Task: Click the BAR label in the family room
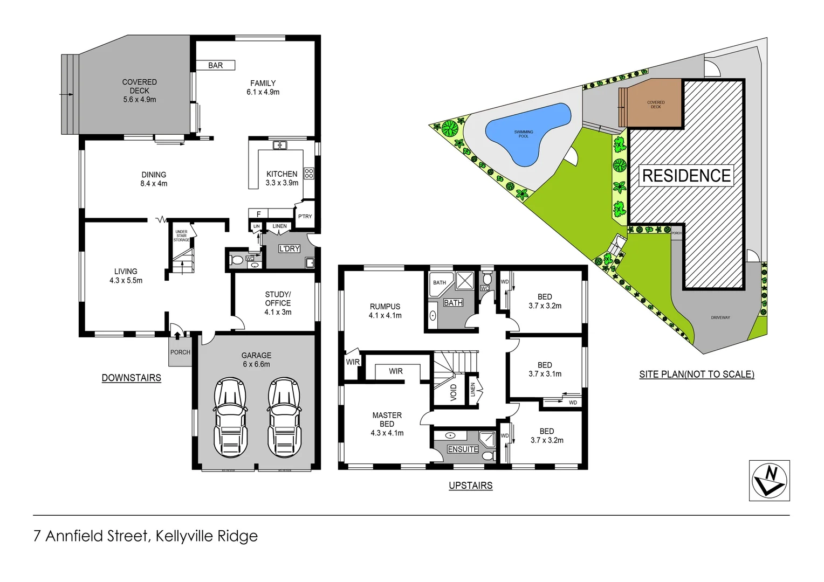[x=215, y=65]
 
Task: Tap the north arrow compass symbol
[x=769, y=480]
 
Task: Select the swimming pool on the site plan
[x=526, y=134]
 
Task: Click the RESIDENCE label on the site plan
[x=686, y=176]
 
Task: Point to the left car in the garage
[x=231, y=418]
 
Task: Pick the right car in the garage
[x=284, y=418]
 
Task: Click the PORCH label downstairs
[x=180, y=352]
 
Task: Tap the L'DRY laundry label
[x=289, y=248]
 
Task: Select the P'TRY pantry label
[x=305, y=216]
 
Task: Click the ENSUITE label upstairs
[x=463, y=449]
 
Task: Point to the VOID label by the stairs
[x=454, y=392]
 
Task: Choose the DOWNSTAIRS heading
[x=132, y=378]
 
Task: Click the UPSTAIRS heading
[x=470, y=486]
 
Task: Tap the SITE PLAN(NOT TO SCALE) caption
[x=696, y=374]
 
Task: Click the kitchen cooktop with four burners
[x=309, y=173]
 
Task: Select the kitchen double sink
[x=279, y=145]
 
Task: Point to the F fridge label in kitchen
[x=258, y=214]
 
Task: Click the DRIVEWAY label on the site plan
[x=720, y=317]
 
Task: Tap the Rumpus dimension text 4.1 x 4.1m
[x=385, y=315]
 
